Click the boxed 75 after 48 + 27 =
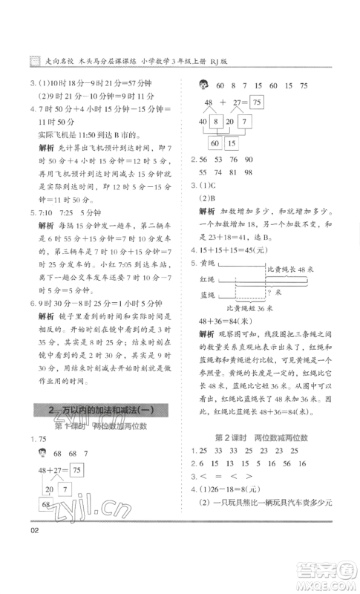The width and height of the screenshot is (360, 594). (256, 102)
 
